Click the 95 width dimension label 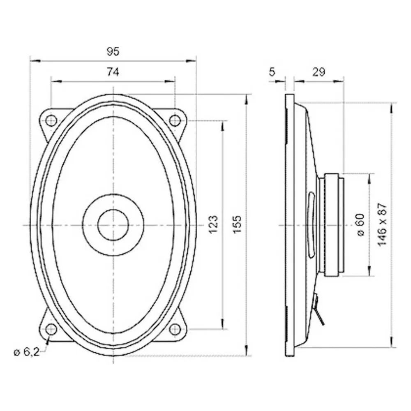113,51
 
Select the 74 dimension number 113,72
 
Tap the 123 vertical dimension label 213,225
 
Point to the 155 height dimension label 237,225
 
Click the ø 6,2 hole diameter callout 27,352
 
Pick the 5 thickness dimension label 272,72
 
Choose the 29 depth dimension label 319,72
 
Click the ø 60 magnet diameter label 361,225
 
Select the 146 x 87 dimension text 383,225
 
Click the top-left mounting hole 51,120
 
